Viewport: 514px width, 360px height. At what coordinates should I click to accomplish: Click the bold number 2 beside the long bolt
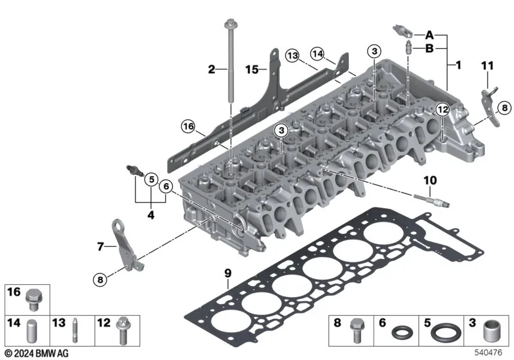point(212,69)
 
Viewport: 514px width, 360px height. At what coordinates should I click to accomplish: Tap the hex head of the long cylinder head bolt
point(229,24)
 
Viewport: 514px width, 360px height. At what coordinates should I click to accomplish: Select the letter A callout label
point(429,35)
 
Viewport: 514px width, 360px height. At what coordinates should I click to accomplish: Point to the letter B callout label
point(429,48)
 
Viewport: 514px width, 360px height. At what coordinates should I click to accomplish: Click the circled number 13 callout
point(292,56)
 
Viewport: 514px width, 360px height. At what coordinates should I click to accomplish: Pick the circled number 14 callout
point(317,54)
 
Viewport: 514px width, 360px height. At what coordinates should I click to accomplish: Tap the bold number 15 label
point(252,69)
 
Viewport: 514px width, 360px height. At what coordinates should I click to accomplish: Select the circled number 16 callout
point(188,127)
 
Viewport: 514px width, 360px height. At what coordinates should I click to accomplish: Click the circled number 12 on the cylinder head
point(443,109)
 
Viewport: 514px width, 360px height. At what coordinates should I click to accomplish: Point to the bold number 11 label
point(487,66)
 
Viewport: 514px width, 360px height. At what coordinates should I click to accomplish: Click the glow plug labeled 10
point(431,201)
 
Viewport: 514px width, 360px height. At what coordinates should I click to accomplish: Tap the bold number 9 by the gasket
point(228,273)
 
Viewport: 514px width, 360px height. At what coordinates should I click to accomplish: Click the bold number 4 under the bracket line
point(151,215)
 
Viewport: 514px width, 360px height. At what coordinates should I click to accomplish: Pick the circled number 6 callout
point(166,186)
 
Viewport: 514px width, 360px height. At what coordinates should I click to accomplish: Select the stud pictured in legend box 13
point(75,331)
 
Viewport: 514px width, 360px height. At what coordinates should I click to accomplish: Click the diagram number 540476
point(488,352)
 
